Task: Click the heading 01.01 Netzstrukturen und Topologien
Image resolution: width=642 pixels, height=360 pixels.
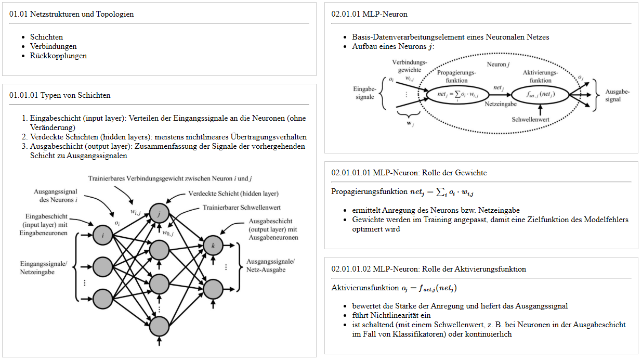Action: tap(72, 14)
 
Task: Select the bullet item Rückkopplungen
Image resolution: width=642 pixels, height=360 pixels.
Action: tap(58, 56)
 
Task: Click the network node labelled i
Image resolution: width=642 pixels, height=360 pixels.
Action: tap(103, 236)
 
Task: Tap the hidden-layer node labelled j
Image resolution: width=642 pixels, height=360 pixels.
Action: tap(159, 213)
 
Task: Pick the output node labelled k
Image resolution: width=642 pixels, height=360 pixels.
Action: tap(213, 245)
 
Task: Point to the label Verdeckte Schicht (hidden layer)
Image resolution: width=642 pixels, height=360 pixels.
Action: tap(233, 194)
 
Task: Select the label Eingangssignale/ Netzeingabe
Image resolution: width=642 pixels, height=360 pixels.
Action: tap(44, 267)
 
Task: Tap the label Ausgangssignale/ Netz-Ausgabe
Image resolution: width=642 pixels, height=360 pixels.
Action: tap(270, 265)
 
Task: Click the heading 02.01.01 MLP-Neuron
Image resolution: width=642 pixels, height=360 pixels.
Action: tap(369, 14)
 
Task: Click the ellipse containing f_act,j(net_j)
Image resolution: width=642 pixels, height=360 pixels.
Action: tap(540, 95)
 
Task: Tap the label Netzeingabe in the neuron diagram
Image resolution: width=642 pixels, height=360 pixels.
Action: tap(500, 104)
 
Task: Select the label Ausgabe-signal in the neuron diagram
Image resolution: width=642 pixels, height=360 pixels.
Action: tap(617, 95)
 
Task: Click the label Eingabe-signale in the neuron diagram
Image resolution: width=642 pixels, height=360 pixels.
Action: tap(364, 93)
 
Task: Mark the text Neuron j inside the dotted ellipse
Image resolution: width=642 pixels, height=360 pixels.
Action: tap(497, 64)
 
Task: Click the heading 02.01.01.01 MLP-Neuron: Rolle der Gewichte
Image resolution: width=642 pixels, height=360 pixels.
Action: tap(409, 172)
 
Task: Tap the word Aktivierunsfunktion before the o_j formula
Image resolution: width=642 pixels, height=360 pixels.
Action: tap(365, 288)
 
